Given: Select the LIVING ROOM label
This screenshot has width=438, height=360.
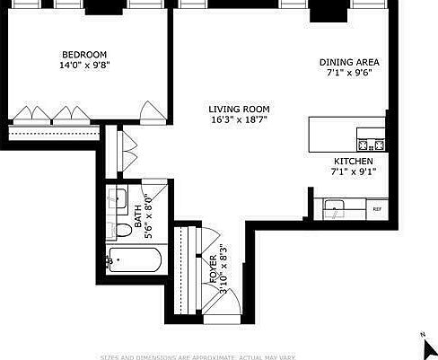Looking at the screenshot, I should point(239,108).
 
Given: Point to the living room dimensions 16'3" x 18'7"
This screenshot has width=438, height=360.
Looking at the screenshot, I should point(239,119).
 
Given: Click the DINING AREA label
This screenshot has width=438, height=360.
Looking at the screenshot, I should point(350,62).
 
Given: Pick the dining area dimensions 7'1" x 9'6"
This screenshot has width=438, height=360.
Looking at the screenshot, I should point(350,74).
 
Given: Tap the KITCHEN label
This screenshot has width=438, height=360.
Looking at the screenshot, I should point(350,160).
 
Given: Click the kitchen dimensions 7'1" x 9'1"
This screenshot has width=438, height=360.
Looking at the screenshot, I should point(350,171).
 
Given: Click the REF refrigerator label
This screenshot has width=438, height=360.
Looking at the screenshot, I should point(377,209).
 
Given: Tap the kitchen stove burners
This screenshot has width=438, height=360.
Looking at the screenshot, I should point(371,144).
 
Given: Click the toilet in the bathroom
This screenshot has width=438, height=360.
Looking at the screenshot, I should point(123,229).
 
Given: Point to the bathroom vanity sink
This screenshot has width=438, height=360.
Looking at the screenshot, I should point(118,198).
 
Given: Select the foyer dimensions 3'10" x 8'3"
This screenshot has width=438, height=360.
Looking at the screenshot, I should point(224,271).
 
